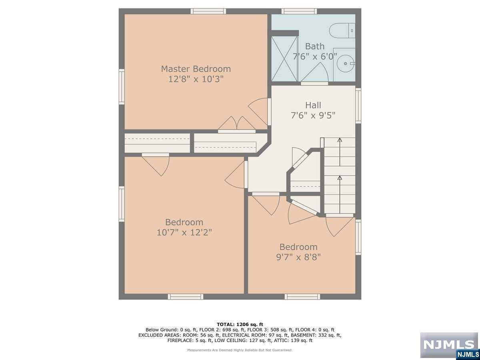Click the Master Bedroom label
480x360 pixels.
coord(196,69)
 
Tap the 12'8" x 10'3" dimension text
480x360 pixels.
coord(196,79)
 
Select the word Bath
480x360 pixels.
coord(315,46)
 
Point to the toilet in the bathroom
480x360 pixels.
coord(342,31)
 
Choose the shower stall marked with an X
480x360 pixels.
coord(284,59)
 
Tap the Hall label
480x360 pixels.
coord(313,105)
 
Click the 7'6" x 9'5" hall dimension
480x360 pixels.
coord(313,115)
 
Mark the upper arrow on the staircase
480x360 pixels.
coord(340,152)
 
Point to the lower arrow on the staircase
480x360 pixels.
coord(340,194)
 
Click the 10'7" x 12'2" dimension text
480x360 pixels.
coord(184,232)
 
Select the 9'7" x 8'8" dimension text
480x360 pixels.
coord(298,257)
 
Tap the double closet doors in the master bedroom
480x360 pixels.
coord(237,124)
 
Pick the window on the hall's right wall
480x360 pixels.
coord(358,106)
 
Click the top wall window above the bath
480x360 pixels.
coord(299,11)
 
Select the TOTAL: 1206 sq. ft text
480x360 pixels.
coord(240,324)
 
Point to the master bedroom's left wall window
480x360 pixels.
coord(122,87)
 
